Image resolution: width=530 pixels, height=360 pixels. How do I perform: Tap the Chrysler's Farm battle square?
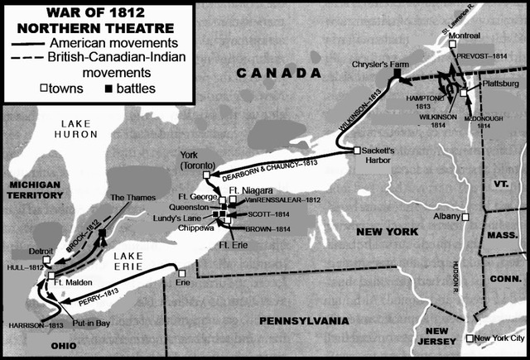397,75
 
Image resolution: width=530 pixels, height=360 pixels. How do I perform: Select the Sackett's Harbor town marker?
356,151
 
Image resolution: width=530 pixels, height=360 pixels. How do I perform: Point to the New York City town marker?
470,338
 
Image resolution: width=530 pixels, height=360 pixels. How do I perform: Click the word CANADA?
269,74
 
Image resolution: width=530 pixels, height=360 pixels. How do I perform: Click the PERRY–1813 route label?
112,293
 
